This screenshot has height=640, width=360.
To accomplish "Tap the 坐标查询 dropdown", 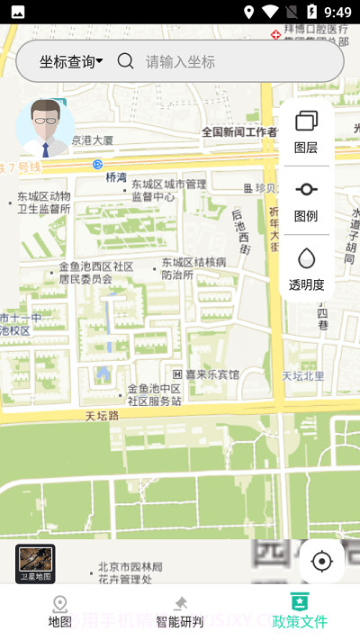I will (70, 61).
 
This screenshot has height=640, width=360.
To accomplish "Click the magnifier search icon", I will (126, 61).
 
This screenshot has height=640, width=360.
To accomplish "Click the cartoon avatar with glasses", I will (46, 128).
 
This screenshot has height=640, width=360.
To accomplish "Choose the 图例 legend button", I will (306, 201).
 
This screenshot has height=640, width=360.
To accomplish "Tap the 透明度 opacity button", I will (306, 269).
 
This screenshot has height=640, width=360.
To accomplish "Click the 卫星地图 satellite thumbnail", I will (35, 563).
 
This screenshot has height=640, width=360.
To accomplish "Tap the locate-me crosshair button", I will (321, 562).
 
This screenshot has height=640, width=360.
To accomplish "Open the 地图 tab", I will (59, 611).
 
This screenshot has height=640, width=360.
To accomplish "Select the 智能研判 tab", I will (179, 611).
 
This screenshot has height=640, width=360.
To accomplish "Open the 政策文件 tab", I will (300, 611).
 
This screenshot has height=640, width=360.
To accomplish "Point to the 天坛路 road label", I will (103, 416).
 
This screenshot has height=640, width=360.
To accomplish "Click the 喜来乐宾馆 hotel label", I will (206, 374).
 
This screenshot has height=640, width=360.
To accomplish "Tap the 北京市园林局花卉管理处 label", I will (130, 572).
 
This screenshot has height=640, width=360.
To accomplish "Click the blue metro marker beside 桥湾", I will (97, 164).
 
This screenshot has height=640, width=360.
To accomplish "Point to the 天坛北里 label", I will (302, 375).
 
